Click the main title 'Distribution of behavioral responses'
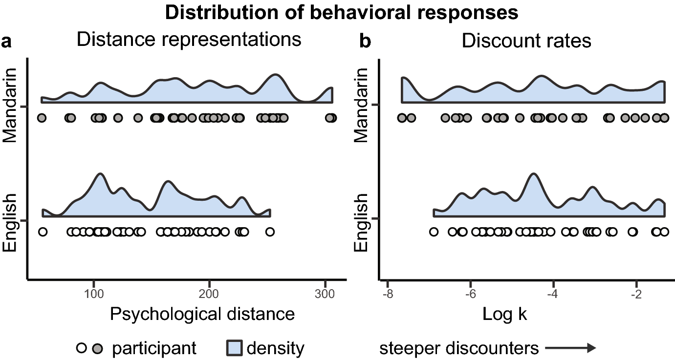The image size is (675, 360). [x=342, y=13]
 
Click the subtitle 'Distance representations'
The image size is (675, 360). [x=189, y=40]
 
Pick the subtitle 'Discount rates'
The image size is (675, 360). [x=526, y=41]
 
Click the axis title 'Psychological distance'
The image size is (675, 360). [x=202, y=314]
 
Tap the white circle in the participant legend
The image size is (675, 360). [x=81, y=348]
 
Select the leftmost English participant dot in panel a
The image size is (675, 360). [x=43, y=232]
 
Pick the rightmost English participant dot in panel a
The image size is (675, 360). [x=270, y=232]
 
